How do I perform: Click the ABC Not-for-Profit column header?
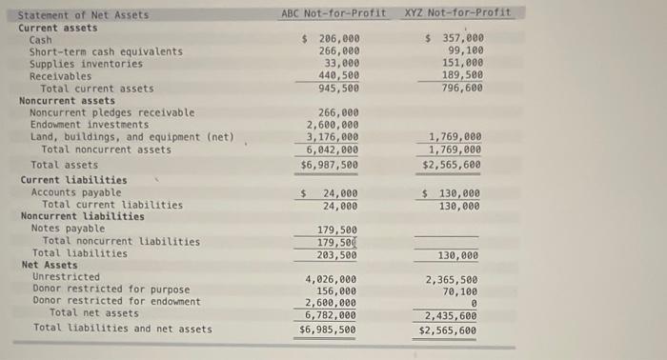(x=333, y=13)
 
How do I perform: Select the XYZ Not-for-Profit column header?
(x=457, y=13)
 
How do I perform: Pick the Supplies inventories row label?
(x=86, y=64)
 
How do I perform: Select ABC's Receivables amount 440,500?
(x=338, y=75)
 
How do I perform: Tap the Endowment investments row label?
(x=90, y=125)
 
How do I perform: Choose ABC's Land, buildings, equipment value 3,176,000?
(x=333, y=136)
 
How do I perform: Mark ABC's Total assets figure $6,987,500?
(x=330, y=165)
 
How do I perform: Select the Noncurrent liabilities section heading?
(x=83, y=216)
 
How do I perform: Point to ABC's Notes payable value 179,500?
(x=338, y=230)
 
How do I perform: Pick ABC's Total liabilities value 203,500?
(x=338, y=255)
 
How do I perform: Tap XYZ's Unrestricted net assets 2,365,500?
(x=453, y=280)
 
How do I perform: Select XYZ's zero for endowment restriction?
(x=474, y=304)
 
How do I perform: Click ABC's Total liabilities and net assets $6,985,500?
(x=330, y=330)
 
